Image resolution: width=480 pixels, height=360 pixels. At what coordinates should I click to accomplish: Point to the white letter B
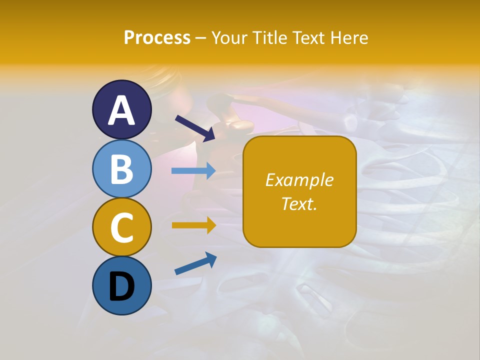coord(121,169)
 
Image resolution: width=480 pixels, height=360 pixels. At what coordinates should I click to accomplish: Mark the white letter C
coord(121,228)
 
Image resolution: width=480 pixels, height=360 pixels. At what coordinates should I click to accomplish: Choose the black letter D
coord(121,287)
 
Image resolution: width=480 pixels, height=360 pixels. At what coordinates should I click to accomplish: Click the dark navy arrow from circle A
coord(195,128)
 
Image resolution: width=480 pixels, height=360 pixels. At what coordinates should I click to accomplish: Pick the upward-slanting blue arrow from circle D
coord(195,264)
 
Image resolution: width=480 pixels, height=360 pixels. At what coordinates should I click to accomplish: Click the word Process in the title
coord(157,38)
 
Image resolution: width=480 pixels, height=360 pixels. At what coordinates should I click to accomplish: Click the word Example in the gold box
coord(299,180)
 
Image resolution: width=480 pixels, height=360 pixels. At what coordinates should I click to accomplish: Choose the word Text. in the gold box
coord(299,203)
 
